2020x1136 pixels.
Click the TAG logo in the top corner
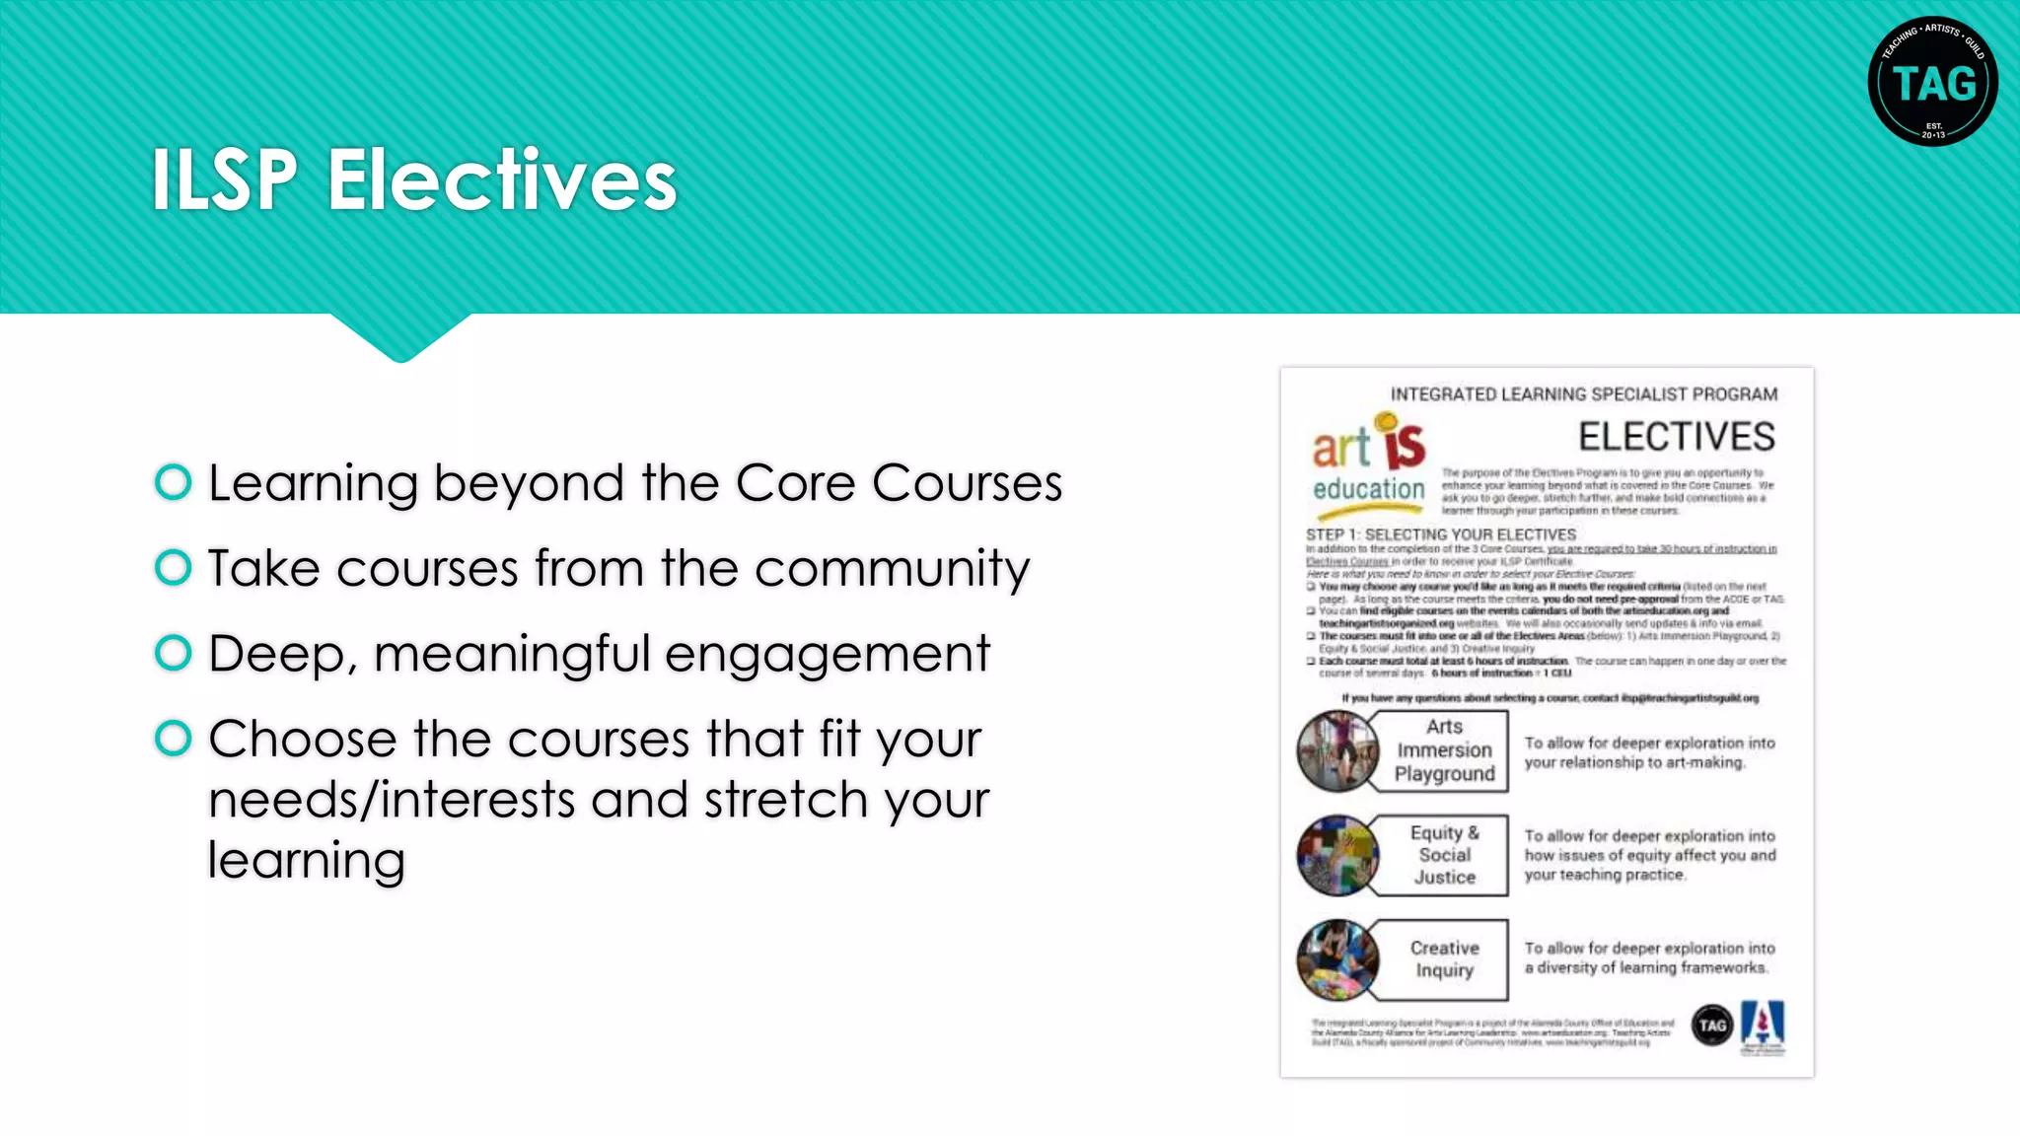(1932, 82)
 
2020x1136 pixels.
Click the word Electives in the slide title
(501, 180)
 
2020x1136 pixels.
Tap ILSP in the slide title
(224, 180)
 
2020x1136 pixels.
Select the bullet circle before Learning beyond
(174, 482)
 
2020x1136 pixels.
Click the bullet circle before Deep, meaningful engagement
(174, 653)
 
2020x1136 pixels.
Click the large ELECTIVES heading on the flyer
(1676, 437)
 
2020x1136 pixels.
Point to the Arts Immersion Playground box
(1444, 751)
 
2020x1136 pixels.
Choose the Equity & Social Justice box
(1444, 855)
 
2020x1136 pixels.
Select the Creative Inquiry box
(1444, 959)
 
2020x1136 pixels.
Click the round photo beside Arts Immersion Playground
(1336, 751)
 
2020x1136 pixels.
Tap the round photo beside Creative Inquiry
(1337, 959)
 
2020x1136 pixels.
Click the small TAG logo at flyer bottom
(1712, 1026)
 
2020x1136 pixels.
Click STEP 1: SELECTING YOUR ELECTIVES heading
(1441, 534)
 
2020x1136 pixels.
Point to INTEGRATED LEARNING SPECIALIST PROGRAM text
(1584, 394)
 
